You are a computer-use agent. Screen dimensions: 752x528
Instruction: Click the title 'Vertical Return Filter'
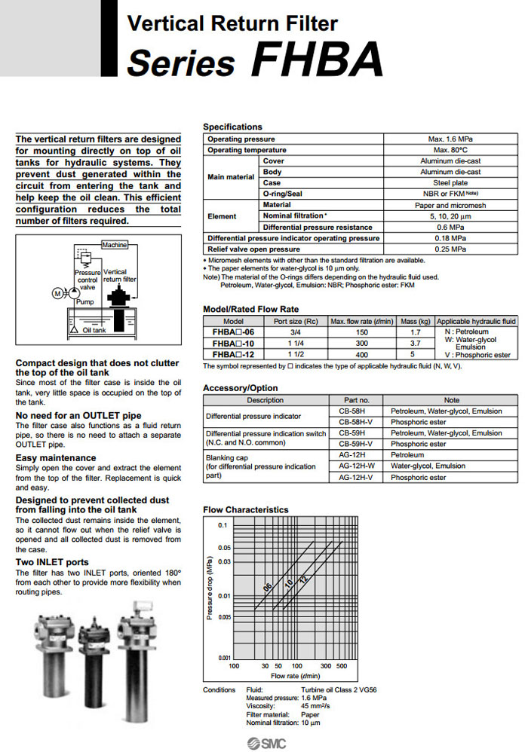tap(232, 24)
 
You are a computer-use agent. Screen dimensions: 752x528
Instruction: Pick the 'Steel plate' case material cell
tap(450, 183)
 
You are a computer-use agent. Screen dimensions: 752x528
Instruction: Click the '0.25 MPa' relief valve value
tap(451, 249)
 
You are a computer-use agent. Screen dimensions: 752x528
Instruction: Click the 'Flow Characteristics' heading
tap(246, 510)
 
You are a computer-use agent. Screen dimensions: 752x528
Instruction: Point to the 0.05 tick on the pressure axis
tap(223, 548)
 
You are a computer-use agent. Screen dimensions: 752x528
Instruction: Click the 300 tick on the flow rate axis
tap(325, 666)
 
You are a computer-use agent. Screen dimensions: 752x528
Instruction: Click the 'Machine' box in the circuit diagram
tap(114, 245)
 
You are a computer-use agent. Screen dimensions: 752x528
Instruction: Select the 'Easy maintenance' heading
tap(56, 457)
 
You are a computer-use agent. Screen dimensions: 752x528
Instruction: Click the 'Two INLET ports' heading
tap(52, 562)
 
